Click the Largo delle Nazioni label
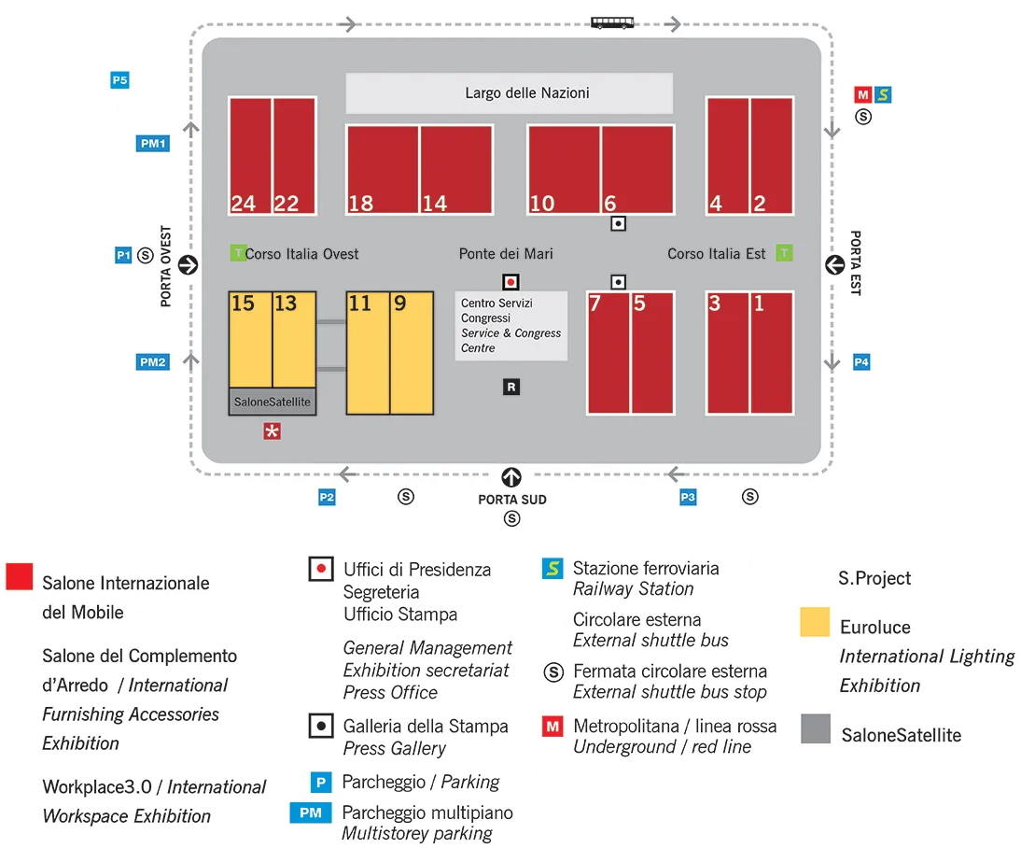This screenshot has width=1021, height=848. coord(526,93)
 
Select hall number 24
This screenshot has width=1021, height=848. coord(250,156)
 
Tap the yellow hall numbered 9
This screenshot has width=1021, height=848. coord(412,353)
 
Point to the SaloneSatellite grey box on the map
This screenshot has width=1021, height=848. coord(273,402)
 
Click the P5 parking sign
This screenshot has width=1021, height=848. coord(119,80)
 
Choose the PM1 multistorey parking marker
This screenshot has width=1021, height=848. coord(153,144)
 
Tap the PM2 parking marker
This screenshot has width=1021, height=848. coord(153,361)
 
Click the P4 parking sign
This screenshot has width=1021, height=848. coord(861,361)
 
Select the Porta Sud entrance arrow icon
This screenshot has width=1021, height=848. coord(511,477)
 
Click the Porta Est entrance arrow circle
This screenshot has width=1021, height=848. coord(834,265)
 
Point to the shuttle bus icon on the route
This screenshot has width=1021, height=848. coord(612,23)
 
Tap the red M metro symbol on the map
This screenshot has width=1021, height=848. coord(862,94)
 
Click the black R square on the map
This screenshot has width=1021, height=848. coord(511,388)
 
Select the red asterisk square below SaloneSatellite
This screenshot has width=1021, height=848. coord(273,431)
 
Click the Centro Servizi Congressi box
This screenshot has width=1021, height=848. coord(511,326)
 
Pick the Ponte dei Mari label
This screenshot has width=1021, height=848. coord(506,253)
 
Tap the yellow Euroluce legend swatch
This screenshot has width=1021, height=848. coord(815,622)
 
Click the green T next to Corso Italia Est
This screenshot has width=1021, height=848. coord(785,253)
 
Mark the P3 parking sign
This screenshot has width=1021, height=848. coord(688,498)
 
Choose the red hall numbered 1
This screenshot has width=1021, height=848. coord(772,353)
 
